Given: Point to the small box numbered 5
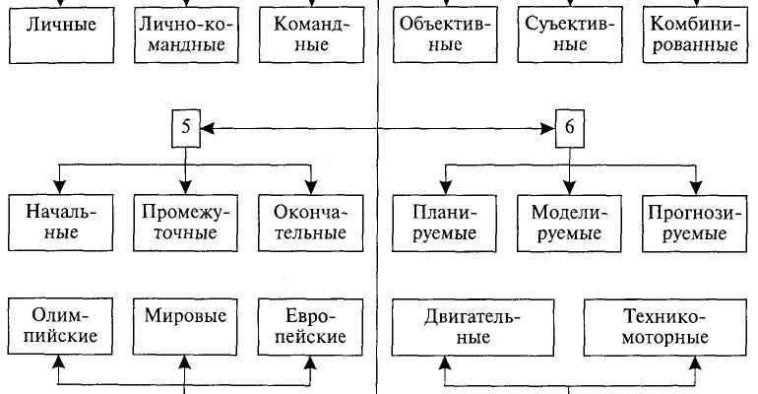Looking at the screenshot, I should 185,126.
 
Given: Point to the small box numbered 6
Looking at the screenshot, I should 569,127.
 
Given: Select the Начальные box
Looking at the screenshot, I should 57,222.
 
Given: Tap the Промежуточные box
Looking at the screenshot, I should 184,222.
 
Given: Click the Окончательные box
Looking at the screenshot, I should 311,222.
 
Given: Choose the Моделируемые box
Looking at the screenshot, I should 569,222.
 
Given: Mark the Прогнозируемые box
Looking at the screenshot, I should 695,222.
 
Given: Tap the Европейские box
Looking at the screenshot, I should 311,325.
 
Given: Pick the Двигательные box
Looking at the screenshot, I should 474,326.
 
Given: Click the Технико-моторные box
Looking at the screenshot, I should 664,326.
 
